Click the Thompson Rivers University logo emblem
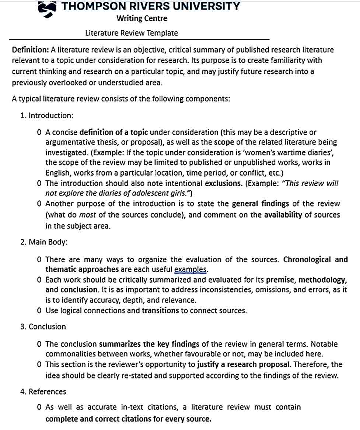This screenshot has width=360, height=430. (47, 9)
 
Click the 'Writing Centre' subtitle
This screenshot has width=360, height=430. (141, 18)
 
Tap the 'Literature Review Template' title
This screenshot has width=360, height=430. (132, 33)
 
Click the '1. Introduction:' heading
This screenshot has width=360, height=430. (47, 116)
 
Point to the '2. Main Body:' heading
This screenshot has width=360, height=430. (44, 242)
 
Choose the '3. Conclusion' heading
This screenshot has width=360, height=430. (43, 327)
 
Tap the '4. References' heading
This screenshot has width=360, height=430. (43, 392)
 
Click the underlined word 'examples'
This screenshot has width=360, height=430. (190, 269)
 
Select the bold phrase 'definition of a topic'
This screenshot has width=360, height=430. (114, 133)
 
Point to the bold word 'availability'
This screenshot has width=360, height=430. (283, 215)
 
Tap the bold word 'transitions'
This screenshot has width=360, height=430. (160, 311)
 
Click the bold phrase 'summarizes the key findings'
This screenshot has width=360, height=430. (149, 345)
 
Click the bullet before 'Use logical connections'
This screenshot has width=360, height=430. (39, 311)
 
